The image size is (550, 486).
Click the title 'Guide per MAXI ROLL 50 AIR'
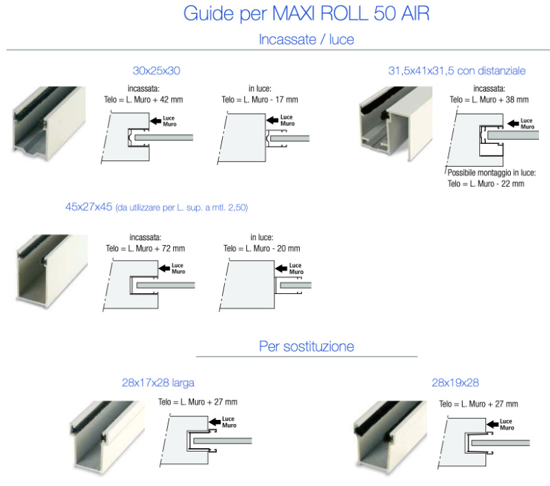click(x=306, y=14)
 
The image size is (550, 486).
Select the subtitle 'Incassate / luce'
click(x=306, y=39)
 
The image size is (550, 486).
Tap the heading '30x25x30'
click(x=157, y=71)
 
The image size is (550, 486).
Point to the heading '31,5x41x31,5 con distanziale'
click(x=456, y=71)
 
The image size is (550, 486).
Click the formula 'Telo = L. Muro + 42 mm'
click(x=144, y=100)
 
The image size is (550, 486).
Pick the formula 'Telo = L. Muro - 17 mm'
click(x=260, y=100)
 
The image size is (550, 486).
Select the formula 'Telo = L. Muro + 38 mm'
click(x=489, y=100)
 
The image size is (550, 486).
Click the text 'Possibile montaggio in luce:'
click(x=492, y=173)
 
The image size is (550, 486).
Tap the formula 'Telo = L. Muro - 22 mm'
click(x=486, y=184)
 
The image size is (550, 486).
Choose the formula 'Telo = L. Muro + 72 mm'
click(x=145, y=249)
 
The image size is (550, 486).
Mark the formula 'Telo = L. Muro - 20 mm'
click(x=262, y=249)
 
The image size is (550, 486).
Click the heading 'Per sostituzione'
click(x=307, y=346)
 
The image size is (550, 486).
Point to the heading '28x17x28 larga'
click(x=158, y=383)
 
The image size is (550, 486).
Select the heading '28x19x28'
click(x=455, y=383)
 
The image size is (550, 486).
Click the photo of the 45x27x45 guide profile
click(x=52, y=271)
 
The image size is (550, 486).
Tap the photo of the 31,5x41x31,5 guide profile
click(x=396, y=124)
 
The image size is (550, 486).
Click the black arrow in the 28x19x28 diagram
click(x=492, y=424)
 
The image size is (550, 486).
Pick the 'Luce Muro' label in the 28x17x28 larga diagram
click(x=229, y=422)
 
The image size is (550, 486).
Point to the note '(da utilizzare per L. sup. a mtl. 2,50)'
click(x=181, y=208)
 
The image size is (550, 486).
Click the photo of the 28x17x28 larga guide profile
click(x=108, y=437)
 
